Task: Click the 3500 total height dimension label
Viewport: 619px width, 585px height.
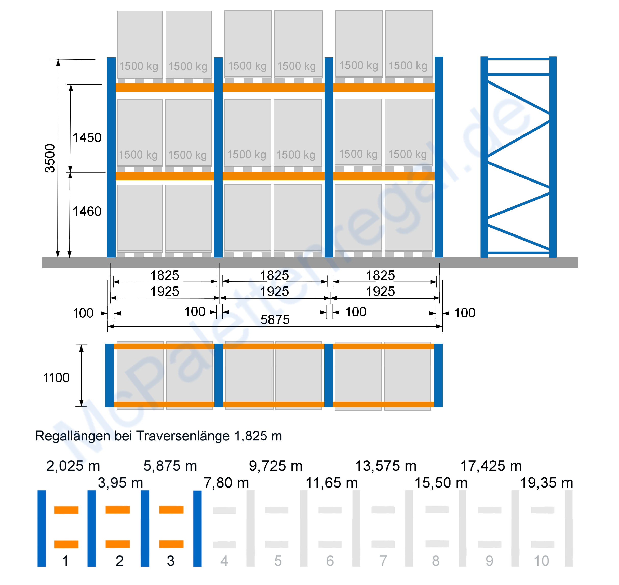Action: [x=50, y=158]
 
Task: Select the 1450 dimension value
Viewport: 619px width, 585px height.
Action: [x=87, y=137]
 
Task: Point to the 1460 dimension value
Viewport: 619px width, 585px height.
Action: [x=87, y=212]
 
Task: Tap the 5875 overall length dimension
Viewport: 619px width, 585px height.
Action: [x=275, y=320]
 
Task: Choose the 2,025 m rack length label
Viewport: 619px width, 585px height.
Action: [x=73, y=466]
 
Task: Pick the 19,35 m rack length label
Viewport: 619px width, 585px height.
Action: [x=547, y=483]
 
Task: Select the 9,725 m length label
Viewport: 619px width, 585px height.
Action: [x=276, y=466]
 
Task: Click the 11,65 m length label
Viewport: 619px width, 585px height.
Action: [x=332, y=483]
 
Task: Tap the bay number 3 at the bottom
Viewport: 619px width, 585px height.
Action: [x=171, y=561]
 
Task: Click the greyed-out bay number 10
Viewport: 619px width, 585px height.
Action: [x=541, y=561]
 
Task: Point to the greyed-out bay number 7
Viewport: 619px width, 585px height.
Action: [x=383, y=561]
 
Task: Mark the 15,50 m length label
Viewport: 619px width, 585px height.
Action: [x=441, y=483]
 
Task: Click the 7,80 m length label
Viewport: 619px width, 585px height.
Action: [x=226, y=483]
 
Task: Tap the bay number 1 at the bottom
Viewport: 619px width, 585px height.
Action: [x=65, y=561]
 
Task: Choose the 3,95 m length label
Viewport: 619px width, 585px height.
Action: [x=120, y=483]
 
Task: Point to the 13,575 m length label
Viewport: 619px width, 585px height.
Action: [x=386, y=466]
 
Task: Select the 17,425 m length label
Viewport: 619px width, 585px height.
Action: [x=491, y=466]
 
